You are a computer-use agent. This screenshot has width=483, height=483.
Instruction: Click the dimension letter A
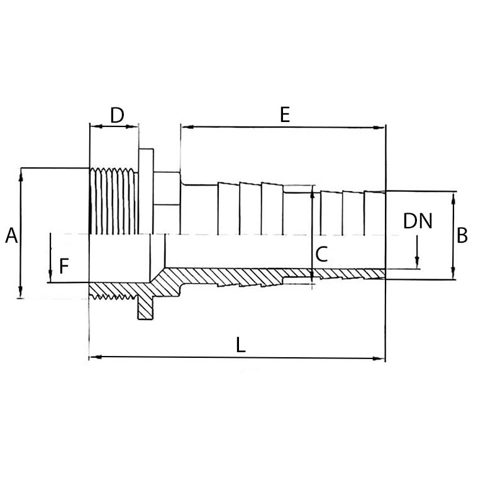tap(11, 236)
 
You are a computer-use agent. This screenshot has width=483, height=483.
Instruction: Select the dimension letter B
tap(462, 235)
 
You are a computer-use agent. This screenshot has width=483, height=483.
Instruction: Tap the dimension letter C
tap(321, 254)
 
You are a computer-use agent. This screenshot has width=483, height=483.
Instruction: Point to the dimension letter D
tap(117, 115)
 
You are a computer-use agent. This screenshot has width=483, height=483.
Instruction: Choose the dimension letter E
tap(285, 114)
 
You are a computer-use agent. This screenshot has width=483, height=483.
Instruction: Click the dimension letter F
tap(64, 266)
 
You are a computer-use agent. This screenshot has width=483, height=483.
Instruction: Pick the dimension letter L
tap(241, 345)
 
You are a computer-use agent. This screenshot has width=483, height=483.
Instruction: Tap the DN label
tap(418, 221)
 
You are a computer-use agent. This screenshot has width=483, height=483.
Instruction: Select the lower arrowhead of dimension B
tap(453, 273)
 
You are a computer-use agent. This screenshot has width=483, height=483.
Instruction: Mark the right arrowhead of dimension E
tap(379, 128)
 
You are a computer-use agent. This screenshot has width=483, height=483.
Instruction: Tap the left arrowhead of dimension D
tap(96, 126)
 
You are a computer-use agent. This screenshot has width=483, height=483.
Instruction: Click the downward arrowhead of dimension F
tap(50, 276)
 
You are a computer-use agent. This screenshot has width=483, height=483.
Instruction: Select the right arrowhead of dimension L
tap(379, 358)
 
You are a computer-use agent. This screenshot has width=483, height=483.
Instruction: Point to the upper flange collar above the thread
tap(146, 191)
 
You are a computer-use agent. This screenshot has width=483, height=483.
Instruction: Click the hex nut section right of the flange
tap(167, 203)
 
